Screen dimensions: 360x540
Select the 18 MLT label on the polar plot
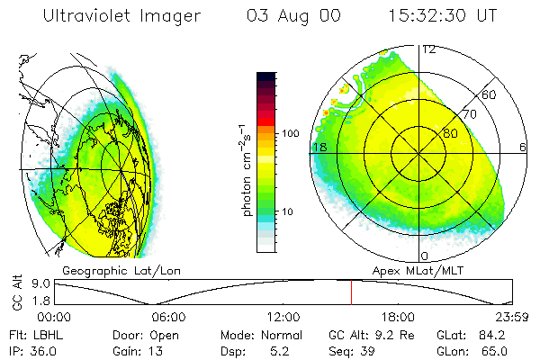point(319,147)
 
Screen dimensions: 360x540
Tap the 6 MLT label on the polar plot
point(522,147)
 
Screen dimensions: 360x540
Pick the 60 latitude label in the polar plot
point(490,94)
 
